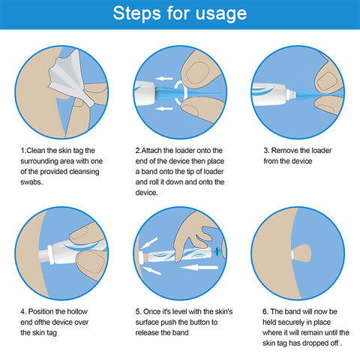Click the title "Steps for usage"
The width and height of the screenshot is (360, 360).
click(x=180, y=13)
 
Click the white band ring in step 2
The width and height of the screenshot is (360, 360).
click(x=181, y=91)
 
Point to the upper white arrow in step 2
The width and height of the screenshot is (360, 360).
click(x=164, y=79)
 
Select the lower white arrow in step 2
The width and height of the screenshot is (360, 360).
click(x=164, y=109)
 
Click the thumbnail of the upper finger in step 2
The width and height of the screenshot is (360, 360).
click(x=198, y=73)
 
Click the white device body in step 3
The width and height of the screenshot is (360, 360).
click(x=269, y=94)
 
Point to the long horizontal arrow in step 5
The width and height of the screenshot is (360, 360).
click(x=199, y=268)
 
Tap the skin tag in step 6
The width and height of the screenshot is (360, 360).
click(x=302, y=253)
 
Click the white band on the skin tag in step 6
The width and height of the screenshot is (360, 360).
click(x=292, y=254)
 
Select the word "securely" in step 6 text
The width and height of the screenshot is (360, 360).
click(x=291, y=322)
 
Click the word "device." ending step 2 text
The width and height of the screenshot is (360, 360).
click(x=147, y=193)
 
